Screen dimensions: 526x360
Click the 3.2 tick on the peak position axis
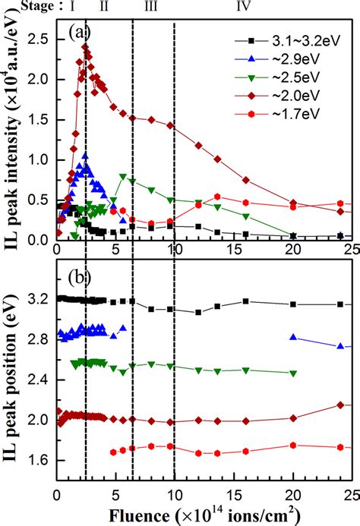coord(41,299)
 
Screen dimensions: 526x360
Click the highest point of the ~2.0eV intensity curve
coord(85,47)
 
